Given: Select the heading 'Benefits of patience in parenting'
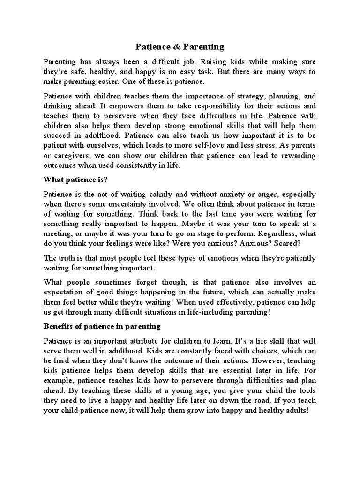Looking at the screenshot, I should pyautogui.click(x=102, y=326).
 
